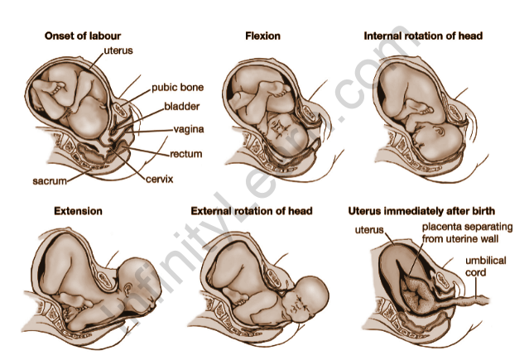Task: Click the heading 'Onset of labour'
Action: click(81, 36)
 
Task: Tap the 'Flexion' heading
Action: click(262, 36)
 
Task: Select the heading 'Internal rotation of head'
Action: click(423, 36)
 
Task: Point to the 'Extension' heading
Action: click(78, 211)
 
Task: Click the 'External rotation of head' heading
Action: click(252, 211)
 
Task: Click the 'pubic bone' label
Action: click(177, 87)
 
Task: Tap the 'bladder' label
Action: click(182, 106)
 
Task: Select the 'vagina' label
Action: click(189, 129)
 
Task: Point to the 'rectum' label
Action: click(186, 153)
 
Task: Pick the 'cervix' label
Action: click(158, 178)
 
